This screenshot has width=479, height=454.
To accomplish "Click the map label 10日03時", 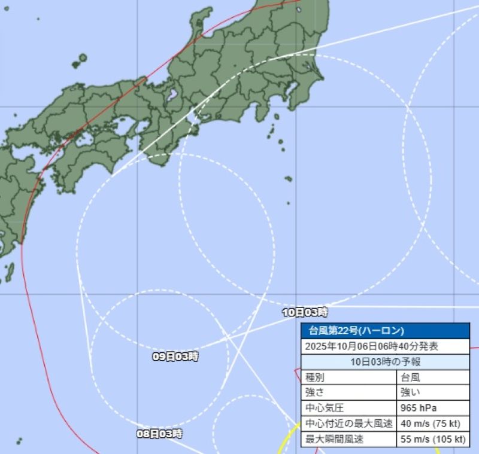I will click(305, 312).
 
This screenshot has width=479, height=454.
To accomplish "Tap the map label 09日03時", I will click(175, 357).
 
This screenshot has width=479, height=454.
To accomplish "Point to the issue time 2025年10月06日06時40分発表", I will click(371, 346).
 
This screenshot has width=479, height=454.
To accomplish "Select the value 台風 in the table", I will click(411, 377).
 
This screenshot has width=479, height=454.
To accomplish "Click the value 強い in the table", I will click(411, 392).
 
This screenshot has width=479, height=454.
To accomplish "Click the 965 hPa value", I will click(418, 408).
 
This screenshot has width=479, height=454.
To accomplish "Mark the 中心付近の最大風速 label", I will click(348, 423).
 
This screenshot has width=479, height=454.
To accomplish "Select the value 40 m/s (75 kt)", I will click(430, 423).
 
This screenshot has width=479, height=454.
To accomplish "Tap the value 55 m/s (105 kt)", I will click(432, 439).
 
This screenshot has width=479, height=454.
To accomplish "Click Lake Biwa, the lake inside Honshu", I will click(172, 95).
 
